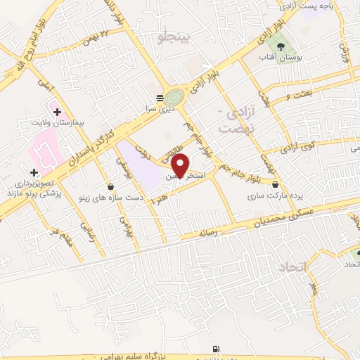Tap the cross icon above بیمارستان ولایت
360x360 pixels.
[x=57, y=112]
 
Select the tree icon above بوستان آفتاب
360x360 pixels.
[x=281, y=45]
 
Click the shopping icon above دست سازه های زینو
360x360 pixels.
[x=111, y=186]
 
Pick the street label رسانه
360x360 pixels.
[x=211, y=231]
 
